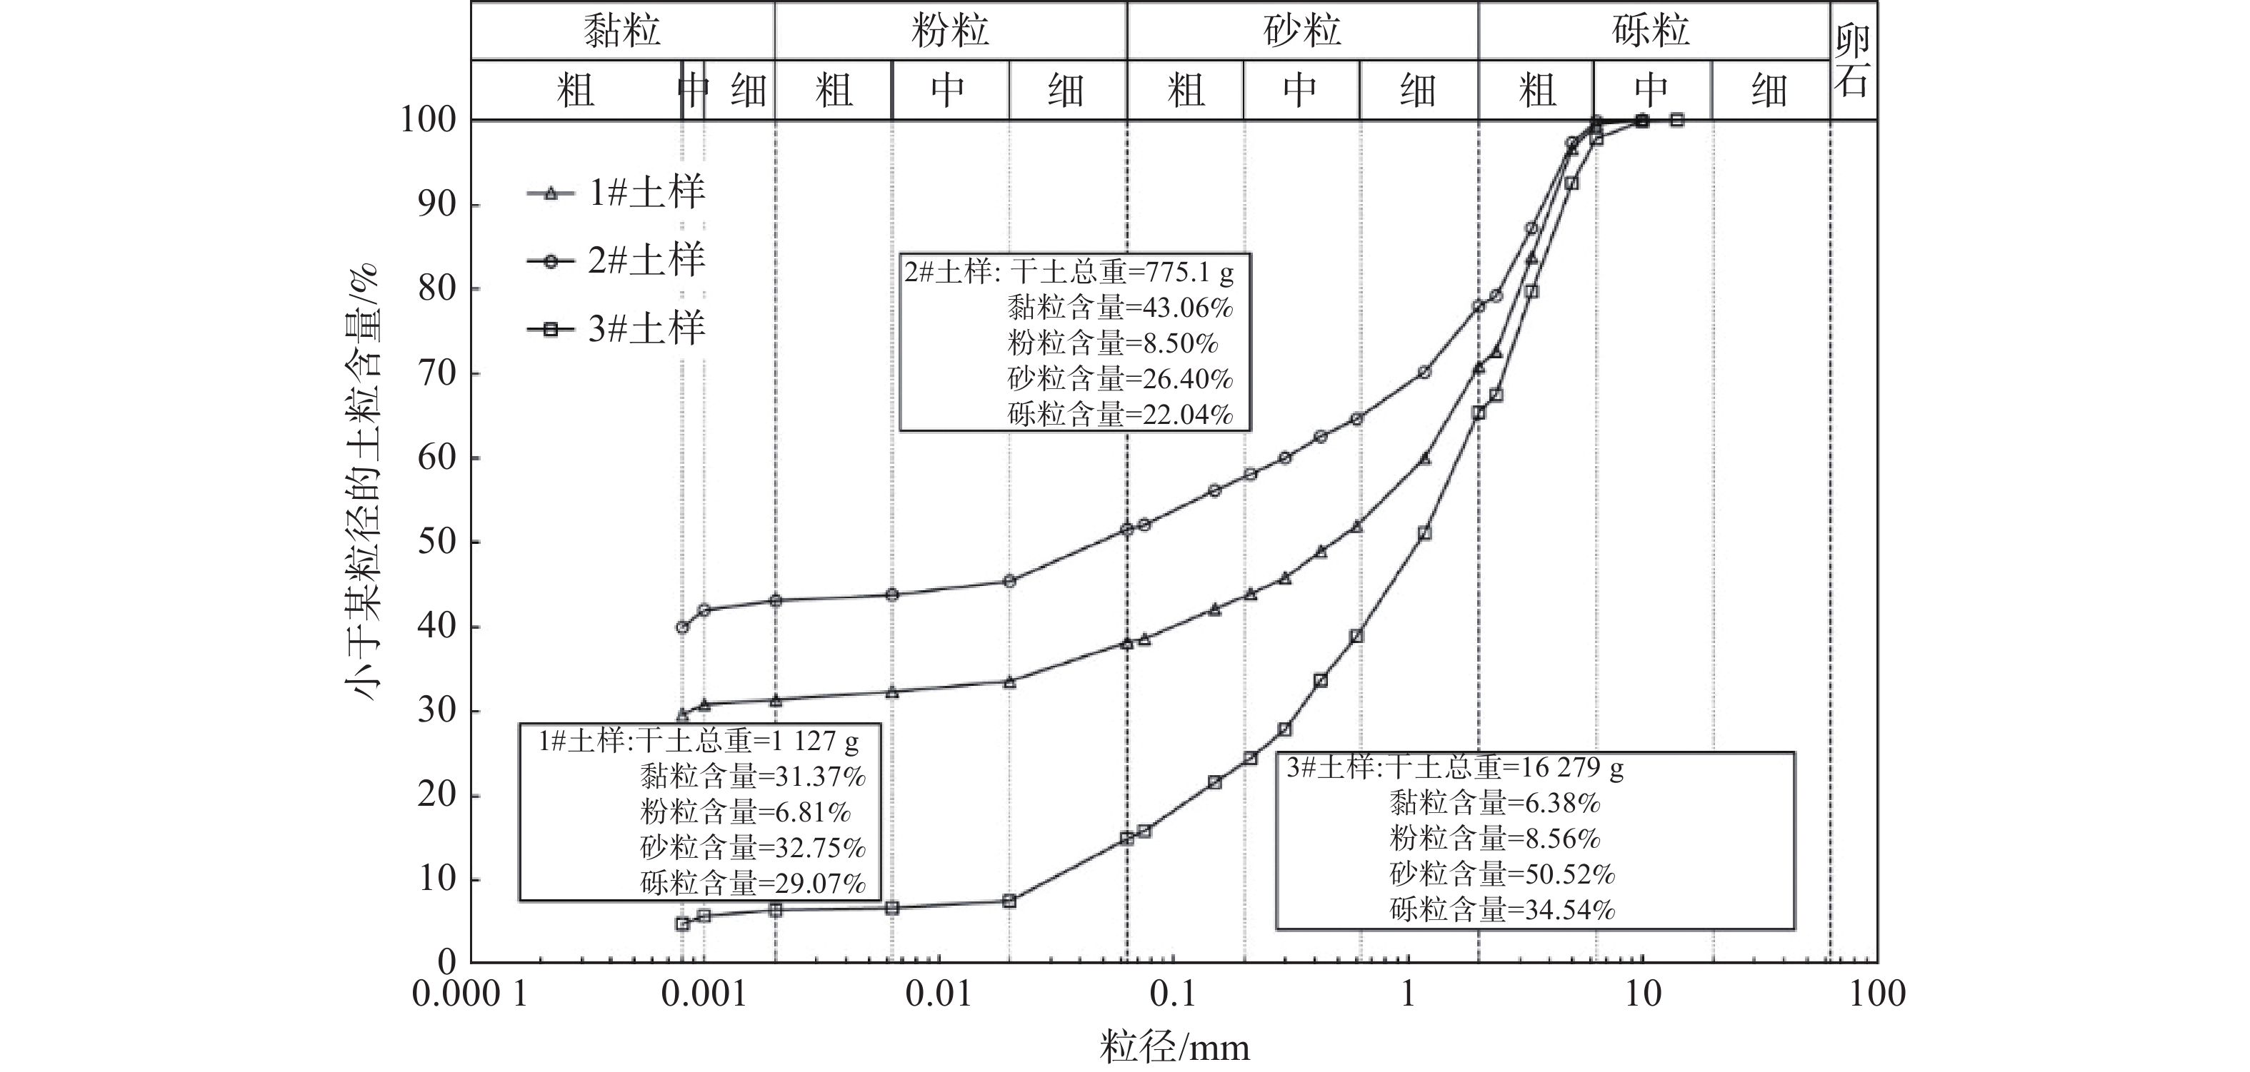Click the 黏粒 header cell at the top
[x=622, y=31]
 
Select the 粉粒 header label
[x=950, y=31]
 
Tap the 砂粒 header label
[x=1302, y=31]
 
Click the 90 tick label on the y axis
[x=436, y=204]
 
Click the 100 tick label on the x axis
[x=1877, y=994]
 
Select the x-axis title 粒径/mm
[x=1175, y=1046]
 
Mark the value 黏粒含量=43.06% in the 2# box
[x=1120, y=308]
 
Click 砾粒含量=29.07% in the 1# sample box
[x=753, y=884]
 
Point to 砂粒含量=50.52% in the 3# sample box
[x=1502, y=874]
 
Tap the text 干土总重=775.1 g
[x=1121, y=273]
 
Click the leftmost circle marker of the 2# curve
[x=682, y=627]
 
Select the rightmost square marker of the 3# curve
[x=1677, y=120]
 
